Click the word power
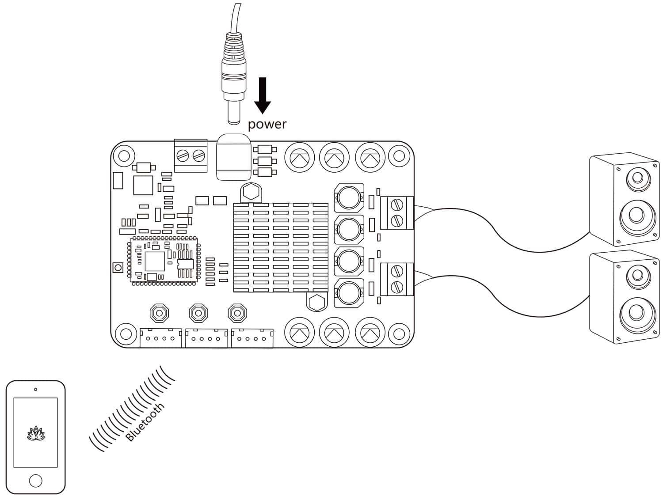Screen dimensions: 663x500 pos(267,124)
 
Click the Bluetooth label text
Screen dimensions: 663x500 pos(145,422)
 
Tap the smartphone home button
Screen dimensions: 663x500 pos(36,481)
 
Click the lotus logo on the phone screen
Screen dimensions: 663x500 pos(36,434)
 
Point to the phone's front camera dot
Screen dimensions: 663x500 pos(36,390)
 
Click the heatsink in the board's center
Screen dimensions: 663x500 pos(281,247)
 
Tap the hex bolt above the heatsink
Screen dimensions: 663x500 pos(251,192)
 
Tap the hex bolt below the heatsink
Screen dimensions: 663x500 pos(316,302)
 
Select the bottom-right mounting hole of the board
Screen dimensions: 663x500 pos(399,334)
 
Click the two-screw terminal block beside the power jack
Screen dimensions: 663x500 pos(191,156)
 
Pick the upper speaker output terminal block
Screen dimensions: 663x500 pos(396,213)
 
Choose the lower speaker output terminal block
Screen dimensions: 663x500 pos(396,279)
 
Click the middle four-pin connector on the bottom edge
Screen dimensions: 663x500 pos(206,338)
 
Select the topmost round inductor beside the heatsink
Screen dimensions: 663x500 pos(349,198)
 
